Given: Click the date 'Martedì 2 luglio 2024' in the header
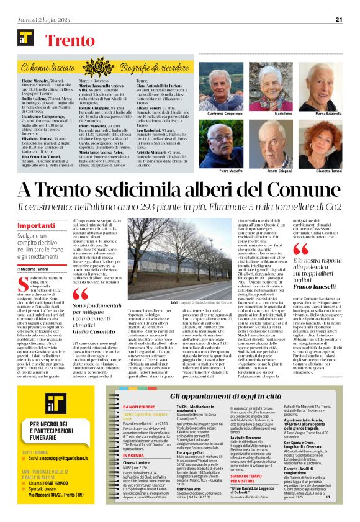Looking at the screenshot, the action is (x=40, y=20).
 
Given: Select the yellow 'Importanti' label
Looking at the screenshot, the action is (x=37, y=225).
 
